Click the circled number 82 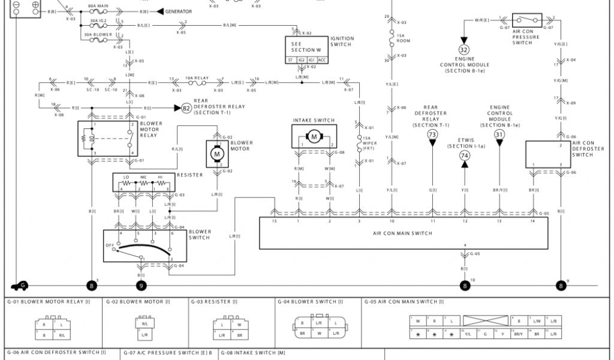click(186, 108)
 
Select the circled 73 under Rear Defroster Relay click(432, 135)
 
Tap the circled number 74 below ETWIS click(464, 155)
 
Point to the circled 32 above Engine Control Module click(464, 50)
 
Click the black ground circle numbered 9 click(141, 286)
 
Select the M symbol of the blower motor click(215, 154)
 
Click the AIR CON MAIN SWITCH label click(404, 233)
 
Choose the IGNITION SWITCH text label click(342, 41)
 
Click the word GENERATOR click(179, 11)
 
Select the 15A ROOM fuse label click(404, 38)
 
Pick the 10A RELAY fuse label click(197, 78)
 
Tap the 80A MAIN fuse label click(98, 5)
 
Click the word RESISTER click(189, 175)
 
